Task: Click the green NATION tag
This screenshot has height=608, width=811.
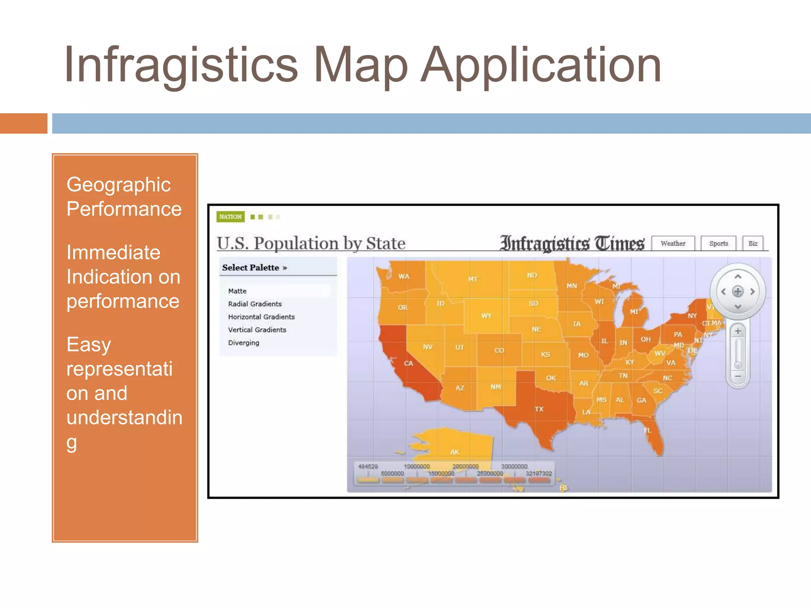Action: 230,217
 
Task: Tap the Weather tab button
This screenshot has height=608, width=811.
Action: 673,243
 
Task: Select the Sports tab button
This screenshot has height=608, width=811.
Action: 718,243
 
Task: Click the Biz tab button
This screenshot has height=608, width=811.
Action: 753,243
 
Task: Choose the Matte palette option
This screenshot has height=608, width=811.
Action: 237,291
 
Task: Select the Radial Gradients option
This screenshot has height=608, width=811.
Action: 255,304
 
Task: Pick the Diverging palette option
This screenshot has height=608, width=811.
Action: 244,343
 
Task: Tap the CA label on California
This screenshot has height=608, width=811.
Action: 408,363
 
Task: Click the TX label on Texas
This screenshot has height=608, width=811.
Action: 539,409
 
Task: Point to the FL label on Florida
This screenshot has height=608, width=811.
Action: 647,430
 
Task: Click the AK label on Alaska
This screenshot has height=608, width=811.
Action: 455,452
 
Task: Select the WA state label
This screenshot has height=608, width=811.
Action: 404,276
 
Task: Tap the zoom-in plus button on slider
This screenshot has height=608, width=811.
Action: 738,331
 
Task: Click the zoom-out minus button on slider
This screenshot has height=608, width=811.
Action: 738,376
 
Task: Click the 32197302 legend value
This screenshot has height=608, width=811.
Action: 539,473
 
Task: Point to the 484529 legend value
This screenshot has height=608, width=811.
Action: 368,466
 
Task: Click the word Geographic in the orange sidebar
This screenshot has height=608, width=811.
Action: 118,185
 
